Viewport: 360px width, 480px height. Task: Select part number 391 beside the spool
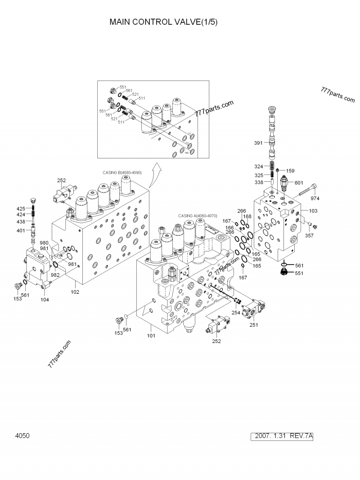(x=258, y=143)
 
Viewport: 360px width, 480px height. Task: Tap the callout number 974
(x=315, y=198)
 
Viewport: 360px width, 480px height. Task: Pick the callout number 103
(x=313, y=211)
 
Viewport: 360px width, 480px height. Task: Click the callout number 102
(x=75, y=292)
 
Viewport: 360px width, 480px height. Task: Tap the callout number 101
(x=151, y=335)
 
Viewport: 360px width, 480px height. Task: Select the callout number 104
(x=45, y=299)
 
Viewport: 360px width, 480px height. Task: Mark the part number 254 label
(x=236, y=312)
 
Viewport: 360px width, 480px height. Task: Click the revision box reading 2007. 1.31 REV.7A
(x=283, y=436)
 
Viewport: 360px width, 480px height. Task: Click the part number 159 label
(x=290, y=170)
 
